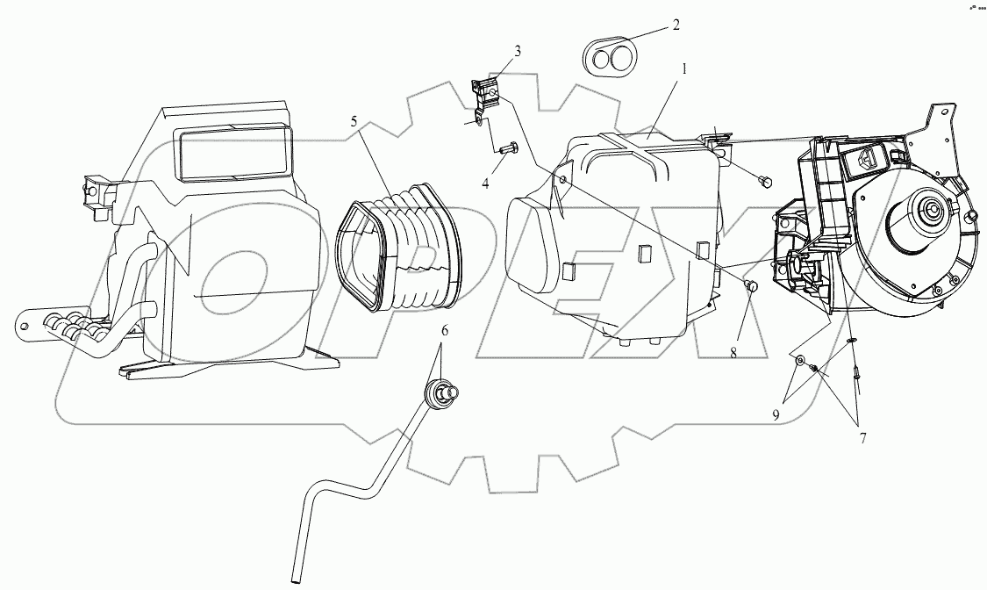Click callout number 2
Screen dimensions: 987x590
(x=676, y=25)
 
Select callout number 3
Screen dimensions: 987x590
(x=518, y=52)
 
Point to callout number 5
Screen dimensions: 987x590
(x=354, y=122)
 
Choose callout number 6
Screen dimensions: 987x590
(x=444, y=331)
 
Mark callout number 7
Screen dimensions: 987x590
(x=863, y=439)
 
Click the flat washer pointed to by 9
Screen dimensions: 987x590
(x=800, y=361)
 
